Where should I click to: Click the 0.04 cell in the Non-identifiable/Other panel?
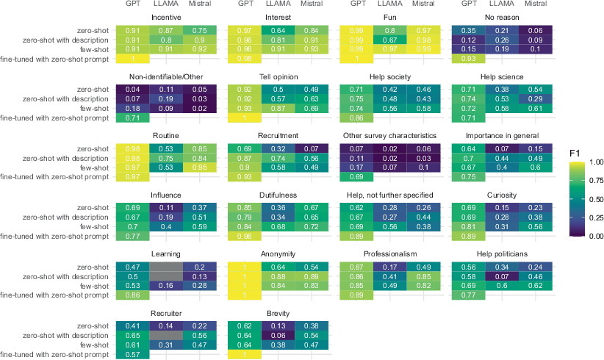(132, 89)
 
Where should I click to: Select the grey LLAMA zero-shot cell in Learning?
(167, 267)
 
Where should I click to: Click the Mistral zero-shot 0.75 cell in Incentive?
(201, 29)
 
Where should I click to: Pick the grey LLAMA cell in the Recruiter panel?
(167, 336)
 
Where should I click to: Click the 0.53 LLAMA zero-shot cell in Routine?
(167, 148)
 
